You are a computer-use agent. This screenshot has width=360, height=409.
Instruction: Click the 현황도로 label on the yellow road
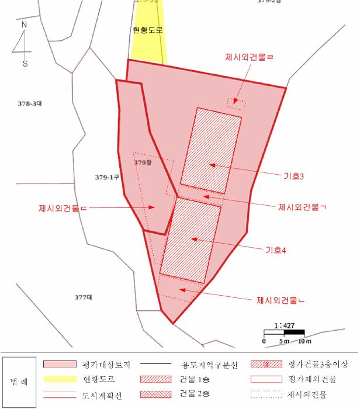pos(147,30)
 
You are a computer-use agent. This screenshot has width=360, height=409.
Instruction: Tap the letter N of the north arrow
pos(25,25)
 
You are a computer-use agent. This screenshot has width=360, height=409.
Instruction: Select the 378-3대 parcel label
pos(30,103)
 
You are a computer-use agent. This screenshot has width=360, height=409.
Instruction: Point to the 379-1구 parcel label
pos(107,176)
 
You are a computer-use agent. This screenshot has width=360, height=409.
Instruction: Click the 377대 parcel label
pos(84,297)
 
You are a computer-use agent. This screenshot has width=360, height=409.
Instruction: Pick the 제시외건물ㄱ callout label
pos(302,207)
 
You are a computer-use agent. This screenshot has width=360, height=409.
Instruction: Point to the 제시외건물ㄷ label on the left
pos(62,209)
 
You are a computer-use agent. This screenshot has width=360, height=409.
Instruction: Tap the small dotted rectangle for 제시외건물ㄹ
pos(236,105)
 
